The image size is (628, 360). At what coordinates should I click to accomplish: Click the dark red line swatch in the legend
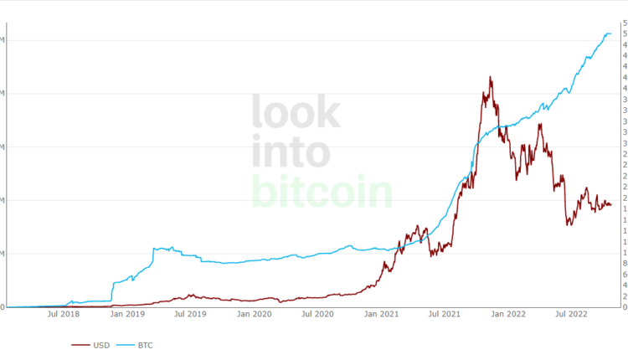coord(81,344)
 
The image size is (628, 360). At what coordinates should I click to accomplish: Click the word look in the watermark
coord(296,112)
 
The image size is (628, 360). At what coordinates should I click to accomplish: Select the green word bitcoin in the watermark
coord(322,193)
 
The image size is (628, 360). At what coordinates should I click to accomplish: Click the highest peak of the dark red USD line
coord(490,77)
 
